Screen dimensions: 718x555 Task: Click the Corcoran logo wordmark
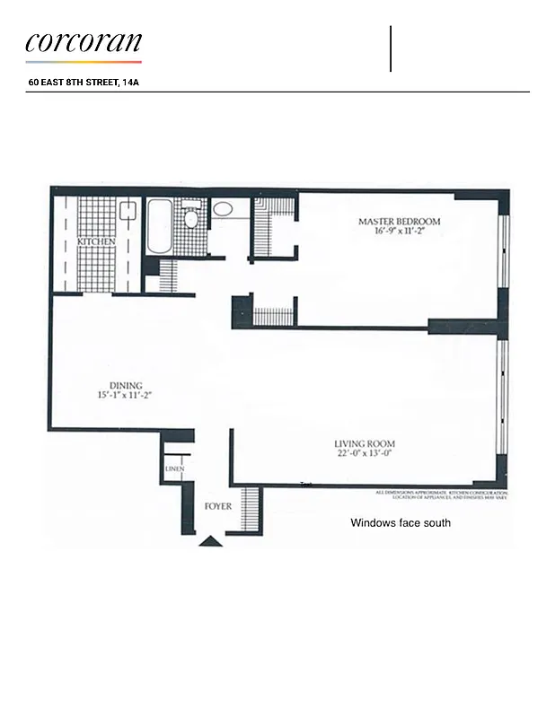pos(84,43)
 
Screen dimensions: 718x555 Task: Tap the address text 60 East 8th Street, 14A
pos(84,83)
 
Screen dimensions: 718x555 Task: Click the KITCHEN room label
pos(95,242)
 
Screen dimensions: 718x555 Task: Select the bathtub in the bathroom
pos(158,226)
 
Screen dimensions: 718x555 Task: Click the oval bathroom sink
pos(223,210)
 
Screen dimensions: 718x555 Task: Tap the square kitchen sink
pos(128,212)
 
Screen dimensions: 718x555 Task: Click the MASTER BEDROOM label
pos(400,222)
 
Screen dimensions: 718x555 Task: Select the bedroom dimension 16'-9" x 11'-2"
pos(400,232)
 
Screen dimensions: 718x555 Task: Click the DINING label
pos(126,386)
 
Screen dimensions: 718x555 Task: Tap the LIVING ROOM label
pos(364,443)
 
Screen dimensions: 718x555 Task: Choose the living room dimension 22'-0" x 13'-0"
pos(364,454)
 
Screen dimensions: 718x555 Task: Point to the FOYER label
pos(218,507)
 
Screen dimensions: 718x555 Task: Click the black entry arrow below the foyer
pos(210,540)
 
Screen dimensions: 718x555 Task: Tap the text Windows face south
pos(401,522)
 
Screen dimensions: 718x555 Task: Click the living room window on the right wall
pos(504,395)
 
